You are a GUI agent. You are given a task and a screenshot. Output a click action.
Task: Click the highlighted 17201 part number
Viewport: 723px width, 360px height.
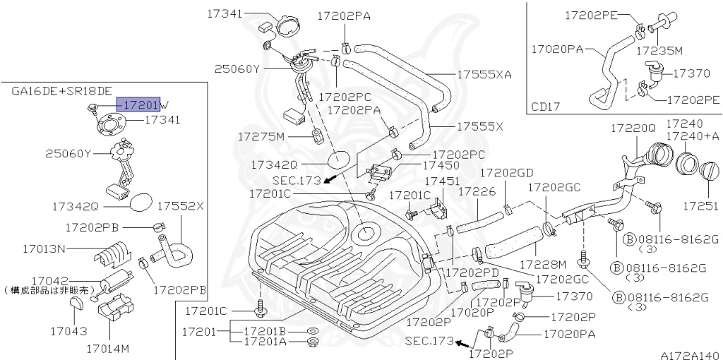point(139,104)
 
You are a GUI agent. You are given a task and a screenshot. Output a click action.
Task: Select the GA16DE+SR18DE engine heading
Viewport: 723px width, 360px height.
point(61,91)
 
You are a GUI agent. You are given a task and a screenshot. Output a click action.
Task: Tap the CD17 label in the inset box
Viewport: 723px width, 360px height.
point(546,107)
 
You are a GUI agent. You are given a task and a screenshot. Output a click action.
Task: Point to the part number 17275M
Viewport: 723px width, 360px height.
point(261,135)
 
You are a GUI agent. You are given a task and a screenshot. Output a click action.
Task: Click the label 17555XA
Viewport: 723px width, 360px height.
point(484,74)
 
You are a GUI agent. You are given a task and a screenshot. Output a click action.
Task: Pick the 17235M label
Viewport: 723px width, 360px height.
point(659,51)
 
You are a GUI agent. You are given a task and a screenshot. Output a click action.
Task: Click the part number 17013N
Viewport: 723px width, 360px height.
point(44,248)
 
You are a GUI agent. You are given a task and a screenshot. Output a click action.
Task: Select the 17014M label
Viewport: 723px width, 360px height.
point(108,348)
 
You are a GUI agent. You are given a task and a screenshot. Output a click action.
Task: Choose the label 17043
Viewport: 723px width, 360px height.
point(68,330)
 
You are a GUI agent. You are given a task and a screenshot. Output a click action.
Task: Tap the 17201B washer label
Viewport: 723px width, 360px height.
point(265,330)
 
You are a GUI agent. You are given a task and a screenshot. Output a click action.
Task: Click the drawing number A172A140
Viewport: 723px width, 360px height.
point(689,356)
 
